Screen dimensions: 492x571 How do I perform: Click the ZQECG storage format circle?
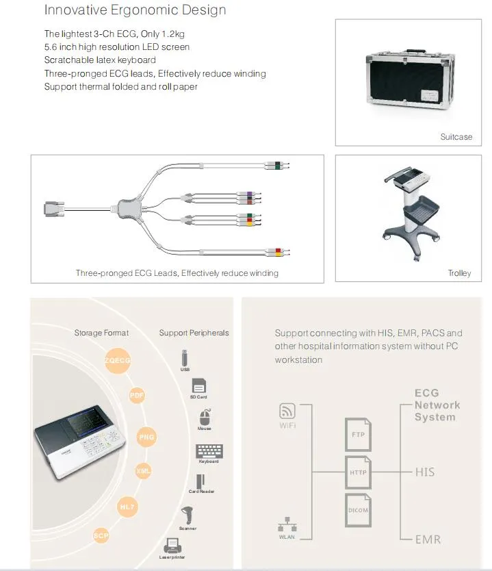click(118, 361)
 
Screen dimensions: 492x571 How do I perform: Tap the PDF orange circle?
click(137, 395)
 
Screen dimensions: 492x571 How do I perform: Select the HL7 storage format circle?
click(127, 507)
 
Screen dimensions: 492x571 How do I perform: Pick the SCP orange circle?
click(101, 535)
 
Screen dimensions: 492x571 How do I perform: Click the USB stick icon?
click(185, 358)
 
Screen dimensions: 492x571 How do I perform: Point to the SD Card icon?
click(198, 385)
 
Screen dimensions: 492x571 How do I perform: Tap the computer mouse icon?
click(205, 416)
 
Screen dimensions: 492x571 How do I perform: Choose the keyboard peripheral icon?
click(209, 451)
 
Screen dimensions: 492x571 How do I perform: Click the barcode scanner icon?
click(187, 515)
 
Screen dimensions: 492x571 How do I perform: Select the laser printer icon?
click(172, 546)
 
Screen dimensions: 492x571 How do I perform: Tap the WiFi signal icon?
click(287, 411)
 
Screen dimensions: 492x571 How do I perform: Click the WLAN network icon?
click(287, 524)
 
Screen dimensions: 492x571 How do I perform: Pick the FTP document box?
click(358, 435)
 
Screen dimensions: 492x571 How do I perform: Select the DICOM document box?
click(358, 510)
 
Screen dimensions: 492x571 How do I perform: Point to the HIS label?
click(425, 472)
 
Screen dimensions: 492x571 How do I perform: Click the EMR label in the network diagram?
click(428, 540)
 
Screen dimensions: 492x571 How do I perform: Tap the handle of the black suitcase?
click(416, 52)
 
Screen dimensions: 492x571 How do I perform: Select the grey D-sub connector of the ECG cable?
click(54, 209)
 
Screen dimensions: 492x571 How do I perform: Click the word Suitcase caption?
click(456, 137)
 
